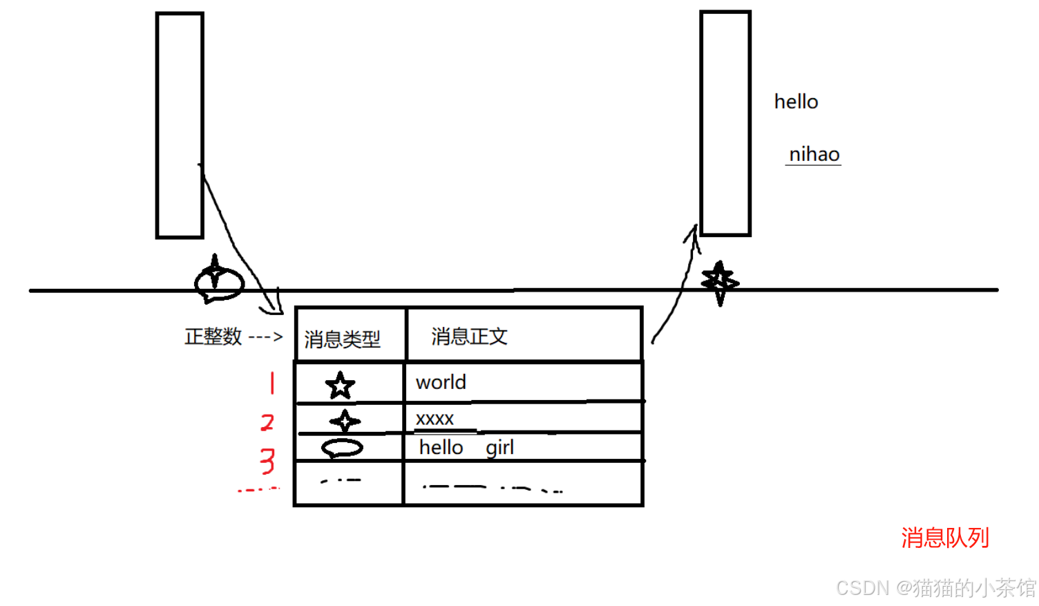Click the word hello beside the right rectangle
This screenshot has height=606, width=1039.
796,102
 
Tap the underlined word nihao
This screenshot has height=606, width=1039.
814,154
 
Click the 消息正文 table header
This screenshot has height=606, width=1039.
470,337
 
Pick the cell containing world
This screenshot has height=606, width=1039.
441,382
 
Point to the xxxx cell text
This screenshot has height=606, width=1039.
435,419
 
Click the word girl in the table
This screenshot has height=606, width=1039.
499,448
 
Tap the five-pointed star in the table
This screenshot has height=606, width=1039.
340,386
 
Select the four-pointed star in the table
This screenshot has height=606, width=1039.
345,421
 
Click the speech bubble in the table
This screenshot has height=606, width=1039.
342,448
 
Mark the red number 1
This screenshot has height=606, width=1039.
272,383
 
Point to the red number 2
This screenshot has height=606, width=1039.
267,422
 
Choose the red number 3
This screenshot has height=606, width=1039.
267,461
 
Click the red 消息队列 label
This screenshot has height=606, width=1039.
944,538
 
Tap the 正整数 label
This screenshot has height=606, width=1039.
213,337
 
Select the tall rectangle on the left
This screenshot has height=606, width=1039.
180,125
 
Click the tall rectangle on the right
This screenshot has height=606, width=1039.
725,124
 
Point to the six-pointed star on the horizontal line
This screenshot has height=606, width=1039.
720,282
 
